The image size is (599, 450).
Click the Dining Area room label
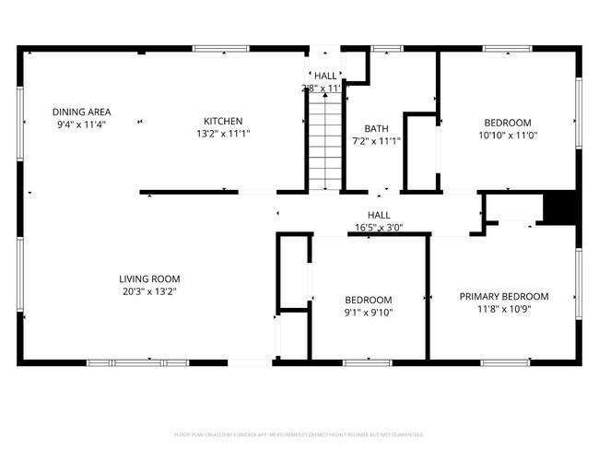pos(81,111)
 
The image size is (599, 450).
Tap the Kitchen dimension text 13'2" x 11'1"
pos(223,133)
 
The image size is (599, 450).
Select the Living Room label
pos(149,278)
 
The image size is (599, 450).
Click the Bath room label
pos(376,129)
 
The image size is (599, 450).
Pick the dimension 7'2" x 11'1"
pos(376,141)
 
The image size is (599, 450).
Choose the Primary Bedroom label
pos(503,297)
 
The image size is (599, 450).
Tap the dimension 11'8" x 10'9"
pos(503,309)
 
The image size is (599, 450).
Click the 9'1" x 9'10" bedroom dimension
pos(369,312)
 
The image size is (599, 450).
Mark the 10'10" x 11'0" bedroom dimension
pos(508,135)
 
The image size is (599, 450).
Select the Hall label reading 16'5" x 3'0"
pos(379,227)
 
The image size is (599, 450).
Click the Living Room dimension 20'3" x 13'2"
pos(149,290)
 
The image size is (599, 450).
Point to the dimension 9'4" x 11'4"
pos(81,123)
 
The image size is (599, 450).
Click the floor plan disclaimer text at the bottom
pos(299,433)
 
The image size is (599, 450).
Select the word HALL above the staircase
pos(325,77)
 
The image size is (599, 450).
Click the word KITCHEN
pos(223,121)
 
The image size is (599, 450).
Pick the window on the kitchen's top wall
pos(220,48)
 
